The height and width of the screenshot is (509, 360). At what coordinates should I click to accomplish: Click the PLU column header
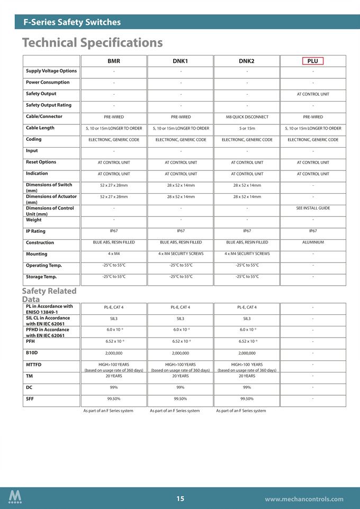click(312, 61)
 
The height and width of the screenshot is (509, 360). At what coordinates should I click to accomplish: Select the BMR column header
click(114, 61)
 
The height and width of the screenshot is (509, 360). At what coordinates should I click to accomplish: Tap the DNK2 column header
click(247, 61)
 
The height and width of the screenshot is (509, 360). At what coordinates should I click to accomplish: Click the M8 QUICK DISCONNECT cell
click(247, 117)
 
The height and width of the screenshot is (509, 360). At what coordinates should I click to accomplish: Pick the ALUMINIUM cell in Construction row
click(313, 242)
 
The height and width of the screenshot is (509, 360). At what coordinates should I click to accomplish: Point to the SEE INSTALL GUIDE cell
click(313, 208)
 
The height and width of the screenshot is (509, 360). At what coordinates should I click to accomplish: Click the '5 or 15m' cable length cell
click(247, 128)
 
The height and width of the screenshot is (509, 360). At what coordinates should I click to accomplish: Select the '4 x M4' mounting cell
click(114, 253)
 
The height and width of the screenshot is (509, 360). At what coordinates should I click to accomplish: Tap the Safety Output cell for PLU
click(313, 94)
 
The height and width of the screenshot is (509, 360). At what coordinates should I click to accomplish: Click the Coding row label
click(34, 139)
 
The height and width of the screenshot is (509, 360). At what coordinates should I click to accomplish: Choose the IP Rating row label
click(35, 231)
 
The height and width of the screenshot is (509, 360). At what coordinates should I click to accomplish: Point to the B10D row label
click(32, 352)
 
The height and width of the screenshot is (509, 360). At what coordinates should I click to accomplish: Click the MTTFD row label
click(33, 365)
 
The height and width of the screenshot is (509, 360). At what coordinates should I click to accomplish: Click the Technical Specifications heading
click(92, 42)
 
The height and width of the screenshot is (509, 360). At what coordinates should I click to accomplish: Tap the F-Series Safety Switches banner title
click(72, 22)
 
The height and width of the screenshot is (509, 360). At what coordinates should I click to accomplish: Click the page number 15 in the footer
click(180, 498)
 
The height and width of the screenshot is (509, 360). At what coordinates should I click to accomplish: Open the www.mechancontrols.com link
click(304, 499)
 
